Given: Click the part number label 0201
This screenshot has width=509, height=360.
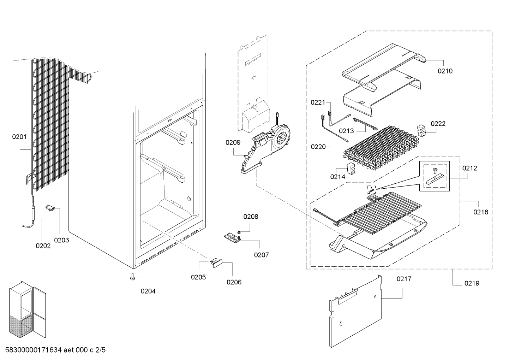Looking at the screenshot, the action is pos(19,137).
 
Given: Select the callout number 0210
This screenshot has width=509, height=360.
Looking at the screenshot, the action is pos(445,71).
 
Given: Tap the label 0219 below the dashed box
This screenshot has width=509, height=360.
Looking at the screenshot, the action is pos(472,283).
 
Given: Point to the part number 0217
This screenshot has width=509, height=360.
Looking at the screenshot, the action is pos(404,279).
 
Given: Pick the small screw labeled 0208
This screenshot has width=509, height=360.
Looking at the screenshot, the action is pos(239,232).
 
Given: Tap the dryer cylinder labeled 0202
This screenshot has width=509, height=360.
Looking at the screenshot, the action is pos(34,212).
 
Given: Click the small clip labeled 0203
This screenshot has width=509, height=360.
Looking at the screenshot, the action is pos(50,208).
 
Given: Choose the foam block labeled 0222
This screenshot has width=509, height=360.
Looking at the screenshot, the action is pos(421,131).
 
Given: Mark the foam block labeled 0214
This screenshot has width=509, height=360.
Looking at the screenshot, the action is pos(351,169).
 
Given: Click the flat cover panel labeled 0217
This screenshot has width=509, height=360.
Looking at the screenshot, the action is pos(355,312).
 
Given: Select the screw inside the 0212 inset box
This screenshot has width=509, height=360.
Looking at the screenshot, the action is pos(435,171).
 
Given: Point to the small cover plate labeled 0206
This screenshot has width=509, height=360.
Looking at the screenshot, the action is pos(218,264).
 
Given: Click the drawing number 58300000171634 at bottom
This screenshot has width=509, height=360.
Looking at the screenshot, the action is pos(34,350).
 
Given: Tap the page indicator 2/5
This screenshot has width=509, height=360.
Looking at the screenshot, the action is pos(101,350).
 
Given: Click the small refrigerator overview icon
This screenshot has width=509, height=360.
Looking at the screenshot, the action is pos(28,309).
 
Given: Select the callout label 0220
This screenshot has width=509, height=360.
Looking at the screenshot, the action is pos(318,147).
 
